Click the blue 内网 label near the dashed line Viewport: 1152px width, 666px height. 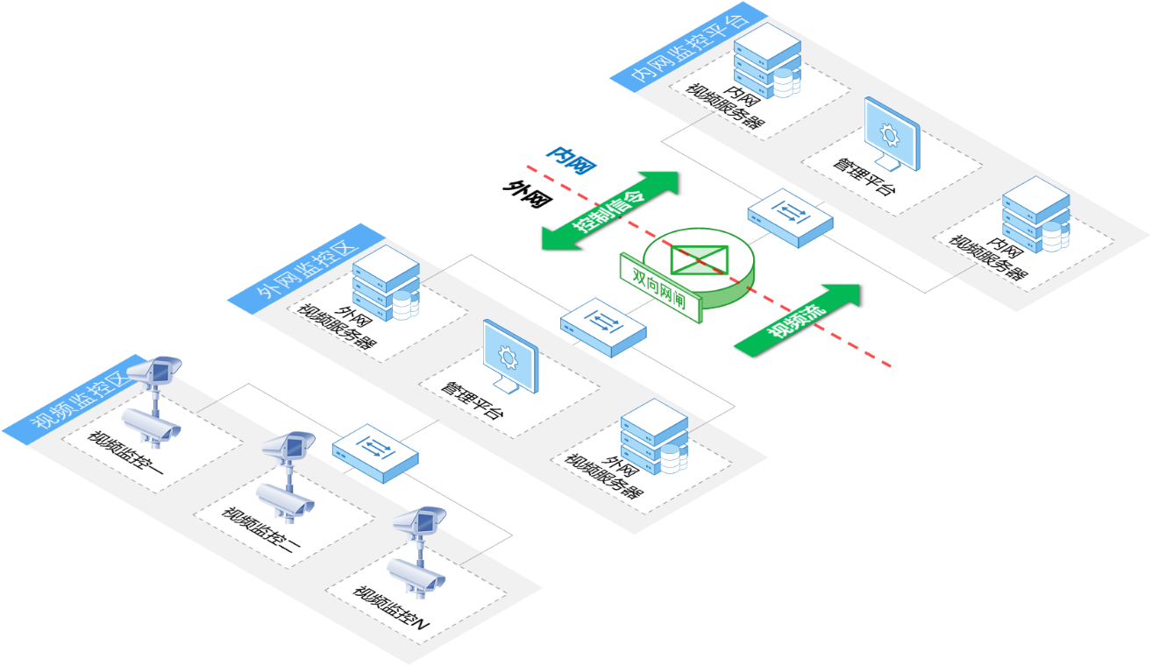[572, 159]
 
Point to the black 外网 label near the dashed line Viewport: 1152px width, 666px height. [528, 193]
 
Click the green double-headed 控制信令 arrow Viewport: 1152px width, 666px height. [610, 210]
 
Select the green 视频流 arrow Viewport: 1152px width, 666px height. [797, 320]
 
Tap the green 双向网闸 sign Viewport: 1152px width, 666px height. [661, 287]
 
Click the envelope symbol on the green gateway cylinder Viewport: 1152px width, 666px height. [700, 259]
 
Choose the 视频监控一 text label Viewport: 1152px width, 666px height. [125, 453]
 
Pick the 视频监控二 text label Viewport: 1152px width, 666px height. [260, 530]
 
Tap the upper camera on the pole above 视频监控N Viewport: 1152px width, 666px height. [419, 521]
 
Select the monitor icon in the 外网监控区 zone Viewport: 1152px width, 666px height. [510, 357]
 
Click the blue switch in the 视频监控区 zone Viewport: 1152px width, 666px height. [375, 453]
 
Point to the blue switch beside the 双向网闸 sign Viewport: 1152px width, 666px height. [603, 327]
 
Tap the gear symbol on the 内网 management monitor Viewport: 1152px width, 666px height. [890, 135]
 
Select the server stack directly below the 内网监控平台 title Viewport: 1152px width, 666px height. [767, 60]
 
